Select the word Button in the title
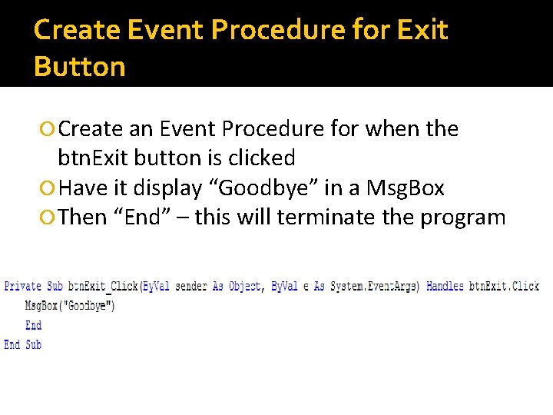tap(80, 67)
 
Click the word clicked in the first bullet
tap(257, 158)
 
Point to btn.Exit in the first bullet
tap(92, 158)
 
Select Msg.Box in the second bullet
tap(406, 188)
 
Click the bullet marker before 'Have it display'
tap(50, 188)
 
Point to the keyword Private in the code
tap(23, 286)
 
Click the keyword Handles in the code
tap(445, 286)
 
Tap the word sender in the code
tap(191, 286)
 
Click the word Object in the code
tap(245, 286)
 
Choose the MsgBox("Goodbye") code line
tap(70, 306)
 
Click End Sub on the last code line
tap(23, 345)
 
